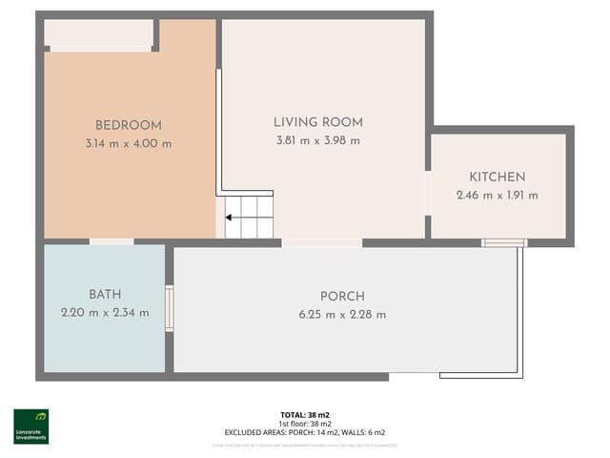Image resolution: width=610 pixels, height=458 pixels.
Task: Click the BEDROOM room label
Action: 128,125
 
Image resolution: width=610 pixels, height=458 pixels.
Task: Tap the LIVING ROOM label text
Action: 317,122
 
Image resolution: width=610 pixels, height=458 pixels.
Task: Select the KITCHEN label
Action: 497,177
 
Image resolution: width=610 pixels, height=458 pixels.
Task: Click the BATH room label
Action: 105,294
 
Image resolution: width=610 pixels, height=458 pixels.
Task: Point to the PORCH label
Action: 342,296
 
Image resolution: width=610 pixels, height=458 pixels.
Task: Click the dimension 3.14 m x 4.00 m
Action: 128,144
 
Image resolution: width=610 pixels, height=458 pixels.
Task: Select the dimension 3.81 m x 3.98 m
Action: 317,141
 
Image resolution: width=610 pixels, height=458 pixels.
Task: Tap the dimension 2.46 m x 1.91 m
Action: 497,196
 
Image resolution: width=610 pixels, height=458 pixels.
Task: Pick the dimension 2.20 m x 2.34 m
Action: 105,313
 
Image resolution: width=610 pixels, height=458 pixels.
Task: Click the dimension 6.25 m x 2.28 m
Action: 342,314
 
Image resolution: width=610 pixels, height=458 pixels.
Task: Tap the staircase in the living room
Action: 250,216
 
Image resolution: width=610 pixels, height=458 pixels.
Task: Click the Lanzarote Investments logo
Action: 30,427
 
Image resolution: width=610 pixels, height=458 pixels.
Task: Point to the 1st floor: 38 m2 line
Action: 305,424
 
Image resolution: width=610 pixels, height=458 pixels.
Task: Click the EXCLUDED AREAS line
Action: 305,432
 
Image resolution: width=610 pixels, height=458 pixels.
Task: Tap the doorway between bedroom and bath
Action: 112,241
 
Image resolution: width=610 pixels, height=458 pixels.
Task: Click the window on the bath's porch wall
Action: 170,308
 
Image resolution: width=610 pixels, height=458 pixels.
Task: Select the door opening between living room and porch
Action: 321,242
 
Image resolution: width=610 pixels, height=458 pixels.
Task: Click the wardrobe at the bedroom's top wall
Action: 99,34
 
